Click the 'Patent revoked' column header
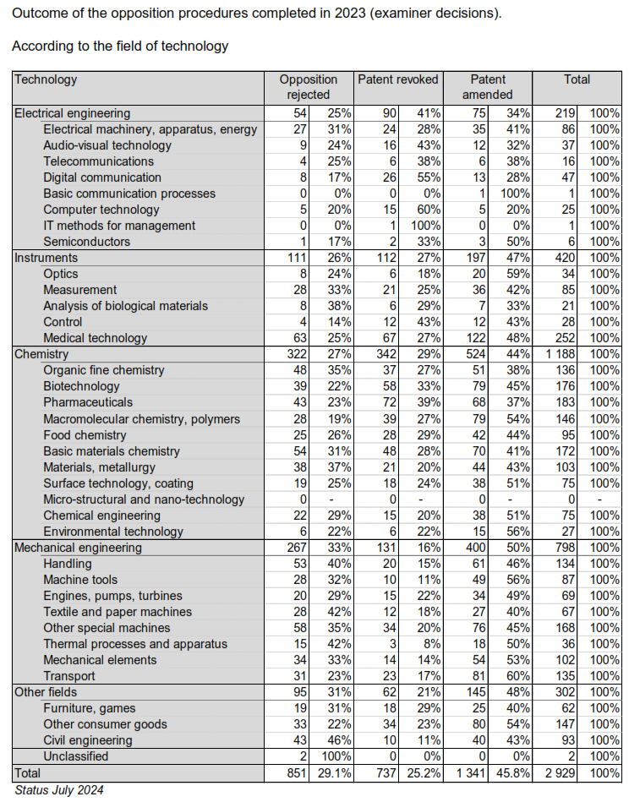click(398, 79)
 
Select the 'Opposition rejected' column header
click(309, 87)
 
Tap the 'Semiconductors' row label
click(86, 242)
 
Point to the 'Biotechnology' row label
click(82, 386)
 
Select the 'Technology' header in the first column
click(46, 79)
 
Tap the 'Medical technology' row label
click(96, 338)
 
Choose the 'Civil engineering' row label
click(87, 740)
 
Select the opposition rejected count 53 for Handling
click(298, 564)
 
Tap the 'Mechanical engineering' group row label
click(78, 547)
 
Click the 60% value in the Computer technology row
click(427, 210)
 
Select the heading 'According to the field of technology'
click(119, 46)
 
